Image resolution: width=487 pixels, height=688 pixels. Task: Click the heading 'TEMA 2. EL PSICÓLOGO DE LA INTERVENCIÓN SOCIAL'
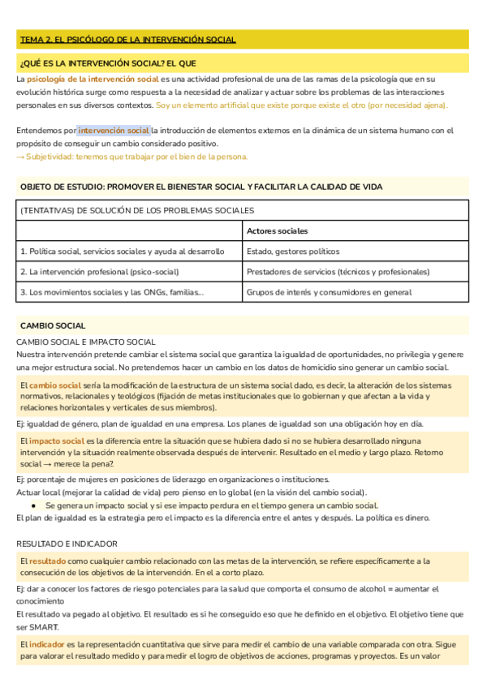pos(127,40)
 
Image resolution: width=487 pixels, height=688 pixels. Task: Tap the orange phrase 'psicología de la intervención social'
pos(93,80)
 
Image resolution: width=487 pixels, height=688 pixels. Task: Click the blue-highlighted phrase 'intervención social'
pos(114,131)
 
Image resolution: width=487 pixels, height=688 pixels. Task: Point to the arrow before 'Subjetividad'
pos(20,157)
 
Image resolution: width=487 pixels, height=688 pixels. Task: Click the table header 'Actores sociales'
pos(277,231)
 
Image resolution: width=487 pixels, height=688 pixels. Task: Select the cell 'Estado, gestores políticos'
pos(293,252)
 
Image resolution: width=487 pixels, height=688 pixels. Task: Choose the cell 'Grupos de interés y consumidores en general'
pos(329,292)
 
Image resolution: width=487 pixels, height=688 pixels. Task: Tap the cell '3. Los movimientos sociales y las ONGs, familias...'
pos(112,292)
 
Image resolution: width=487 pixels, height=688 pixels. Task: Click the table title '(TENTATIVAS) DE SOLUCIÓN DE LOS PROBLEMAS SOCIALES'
pos(137,210)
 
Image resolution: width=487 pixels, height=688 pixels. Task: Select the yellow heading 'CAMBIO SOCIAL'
pos(53,325)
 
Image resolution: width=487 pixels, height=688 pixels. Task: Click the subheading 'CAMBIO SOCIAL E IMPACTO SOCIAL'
pos(85,342)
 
